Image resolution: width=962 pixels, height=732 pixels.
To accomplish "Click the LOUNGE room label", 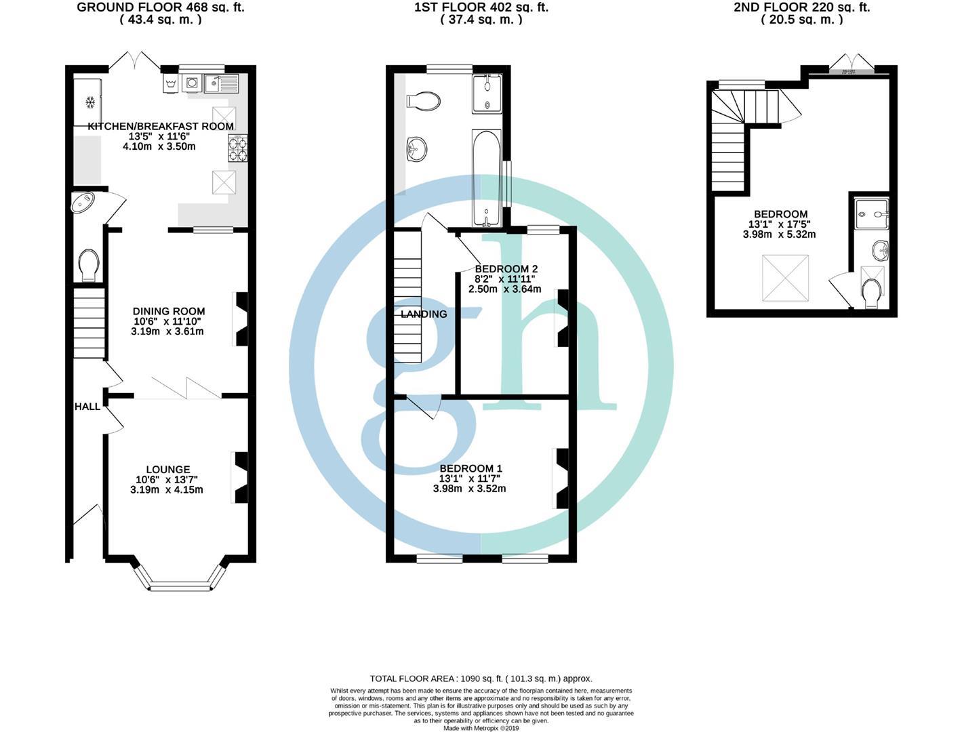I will [x=167, y=469].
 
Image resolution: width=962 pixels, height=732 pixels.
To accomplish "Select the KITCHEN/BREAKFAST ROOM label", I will [x=161, y=126].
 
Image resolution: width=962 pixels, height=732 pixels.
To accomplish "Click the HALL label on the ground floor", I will [x=87, y=407].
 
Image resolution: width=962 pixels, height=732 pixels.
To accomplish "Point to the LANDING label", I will [x=424, y=314].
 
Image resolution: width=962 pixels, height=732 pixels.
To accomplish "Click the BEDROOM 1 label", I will [x=470, y=468].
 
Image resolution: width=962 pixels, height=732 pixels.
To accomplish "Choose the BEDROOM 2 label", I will [x=506, y=268].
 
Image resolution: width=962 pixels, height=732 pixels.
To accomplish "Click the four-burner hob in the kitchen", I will [x=239, y=148].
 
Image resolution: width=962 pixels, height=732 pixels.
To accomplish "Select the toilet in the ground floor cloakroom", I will [x=89, y=264].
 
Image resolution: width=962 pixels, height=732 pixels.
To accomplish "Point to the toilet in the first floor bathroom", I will [x=424, y=102].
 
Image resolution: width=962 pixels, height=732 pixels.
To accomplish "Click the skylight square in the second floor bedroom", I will [x=785, y=278].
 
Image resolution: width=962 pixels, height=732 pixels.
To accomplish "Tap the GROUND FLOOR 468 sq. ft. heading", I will [x=161, y=7].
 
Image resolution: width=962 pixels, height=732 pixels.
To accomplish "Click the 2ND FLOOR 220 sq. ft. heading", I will [x=801, y=7].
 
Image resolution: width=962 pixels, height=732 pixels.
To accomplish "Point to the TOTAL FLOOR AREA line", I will [x=481, y=678].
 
